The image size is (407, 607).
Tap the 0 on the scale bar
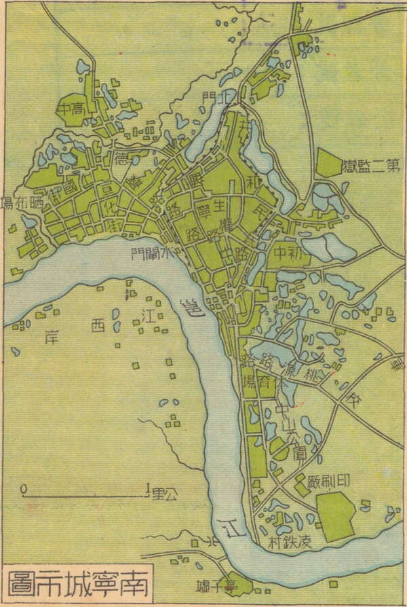pyautogui.click(x=24, y=488)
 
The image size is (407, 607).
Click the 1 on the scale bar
pyautogui.click(x=148, y=488)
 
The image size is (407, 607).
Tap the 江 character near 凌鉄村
pyautogui.click(x=233, y=528)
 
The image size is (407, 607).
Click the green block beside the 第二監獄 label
pyautogui.click(x=328, y=163)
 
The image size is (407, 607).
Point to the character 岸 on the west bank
pyautogui.click(x=48, y=336)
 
